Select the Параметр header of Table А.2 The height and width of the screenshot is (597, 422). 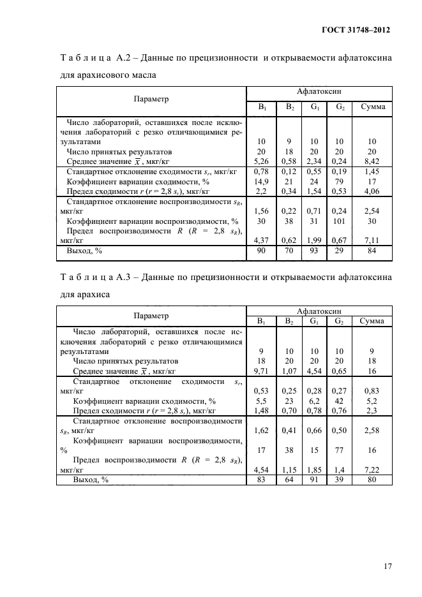point(151,99)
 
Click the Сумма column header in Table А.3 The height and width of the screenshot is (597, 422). point(372,321)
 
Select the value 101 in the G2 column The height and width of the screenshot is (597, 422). point(340,221)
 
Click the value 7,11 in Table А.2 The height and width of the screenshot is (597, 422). point(372,240)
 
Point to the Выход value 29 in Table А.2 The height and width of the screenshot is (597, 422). point(340,252)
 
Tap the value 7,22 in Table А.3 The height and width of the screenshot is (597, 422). point(372,469)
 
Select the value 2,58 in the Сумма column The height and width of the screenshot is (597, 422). point(372,431)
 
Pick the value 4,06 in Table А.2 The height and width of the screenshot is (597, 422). point(372,191)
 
